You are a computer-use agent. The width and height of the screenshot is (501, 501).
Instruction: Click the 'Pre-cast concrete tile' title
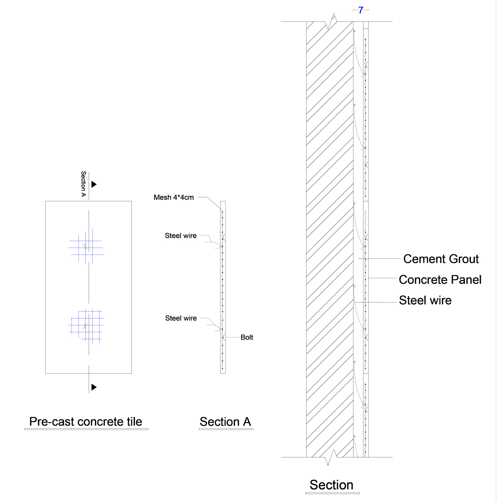click(x=86, y=422)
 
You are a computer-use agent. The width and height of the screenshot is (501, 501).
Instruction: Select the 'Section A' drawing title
click(x=225, y=422)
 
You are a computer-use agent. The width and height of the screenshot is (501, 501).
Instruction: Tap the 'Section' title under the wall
click(x=331, y=485)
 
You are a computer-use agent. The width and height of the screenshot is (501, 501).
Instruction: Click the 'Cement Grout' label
click(x=441, y=259)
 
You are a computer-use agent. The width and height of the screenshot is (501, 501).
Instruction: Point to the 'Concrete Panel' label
click(x=440, y=280)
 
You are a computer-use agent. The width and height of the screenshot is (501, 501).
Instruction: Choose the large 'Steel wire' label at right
click(x=425, y=300)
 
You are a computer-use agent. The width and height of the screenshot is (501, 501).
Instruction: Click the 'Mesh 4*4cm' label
click(x=174, y=197)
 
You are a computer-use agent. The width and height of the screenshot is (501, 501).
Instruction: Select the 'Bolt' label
click(x=247, y=337)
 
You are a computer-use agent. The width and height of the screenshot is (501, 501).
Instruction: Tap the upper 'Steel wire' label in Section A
click(x=181, y=236)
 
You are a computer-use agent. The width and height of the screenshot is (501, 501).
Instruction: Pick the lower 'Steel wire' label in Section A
click(x=181, y=318)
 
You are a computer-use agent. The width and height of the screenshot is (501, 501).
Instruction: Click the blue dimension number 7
click(x=361, y=10)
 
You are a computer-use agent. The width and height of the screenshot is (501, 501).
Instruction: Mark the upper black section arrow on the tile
click(x=94, y=184)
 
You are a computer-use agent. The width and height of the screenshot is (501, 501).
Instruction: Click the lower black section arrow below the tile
click(x=94, y=387)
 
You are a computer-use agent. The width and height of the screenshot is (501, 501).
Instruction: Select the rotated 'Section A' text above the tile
click(x=83, y=184)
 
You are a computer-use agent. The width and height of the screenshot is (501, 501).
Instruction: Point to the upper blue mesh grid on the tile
click(x=86, y=247)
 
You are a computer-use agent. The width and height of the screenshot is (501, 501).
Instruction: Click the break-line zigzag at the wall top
click(x=331, y=22)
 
